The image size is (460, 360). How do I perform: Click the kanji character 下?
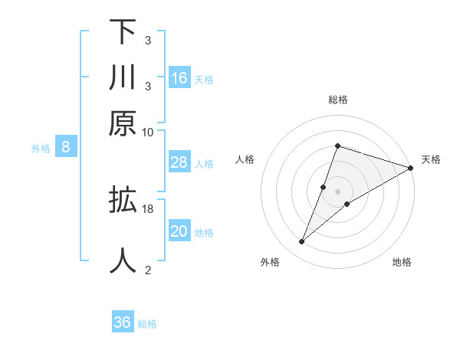point(123,31)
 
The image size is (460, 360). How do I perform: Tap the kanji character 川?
point(123,77)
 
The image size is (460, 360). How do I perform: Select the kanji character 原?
point(123,123)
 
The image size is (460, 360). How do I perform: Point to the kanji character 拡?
point(123,201)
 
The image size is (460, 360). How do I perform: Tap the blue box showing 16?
point(179,78)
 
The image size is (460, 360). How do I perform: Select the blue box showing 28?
point(179,162)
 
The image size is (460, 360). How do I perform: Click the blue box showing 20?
point(179,231)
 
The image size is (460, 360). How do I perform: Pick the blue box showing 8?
point(66,148)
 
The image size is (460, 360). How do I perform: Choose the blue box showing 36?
point(123,322)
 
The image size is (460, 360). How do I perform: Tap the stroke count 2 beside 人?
point(147,270)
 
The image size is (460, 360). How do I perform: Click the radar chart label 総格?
point(337,100)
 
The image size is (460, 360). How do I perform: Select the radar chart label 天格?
point(432,159)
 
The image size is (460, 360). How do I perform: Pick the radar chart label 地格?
point(402,262)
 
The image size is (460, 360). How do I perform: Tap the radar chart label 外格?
point(270,262)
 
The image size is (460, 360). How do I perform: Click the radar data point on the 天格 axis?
point(410,168)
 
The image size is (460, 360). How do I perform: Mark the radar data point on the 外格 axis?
point(302,242)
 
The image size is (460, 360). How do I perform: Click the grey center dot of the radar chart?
point(337,191)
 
